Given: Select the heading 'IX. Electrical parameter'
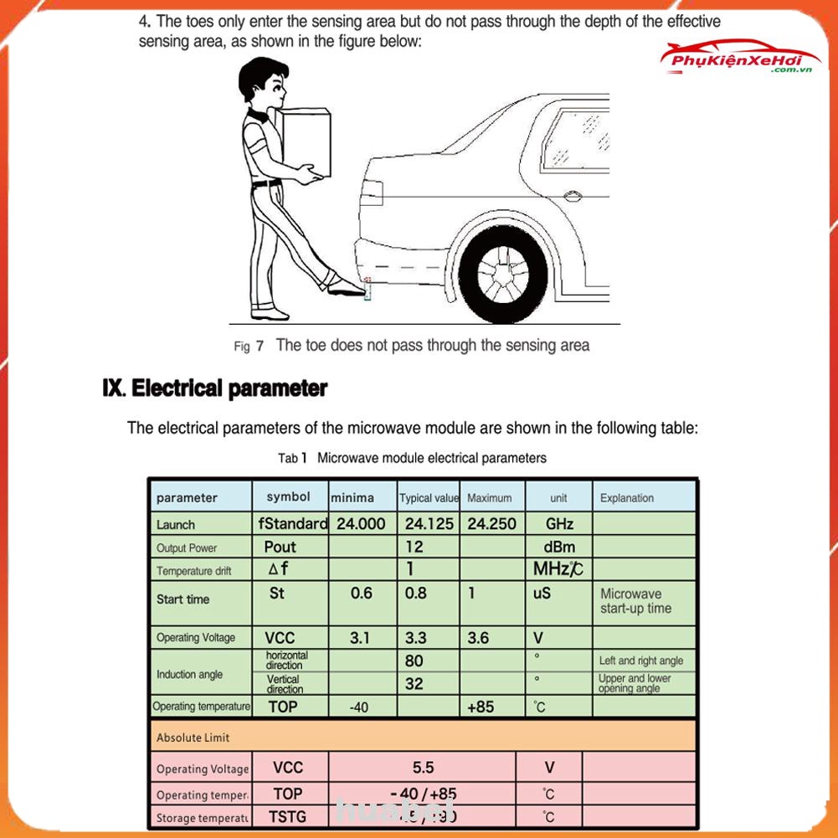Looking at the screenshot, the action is pyautogui.click(x=214, y=388).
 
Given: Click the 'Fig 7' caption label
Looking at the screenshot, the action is pyautogui.click(x=249, y=346).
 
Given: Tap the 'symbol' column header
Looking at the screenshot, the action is pyautogui.click(x=288, y=497).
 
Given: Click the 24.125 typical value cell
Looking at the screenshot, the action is pyautogui.click(x=429, y=524).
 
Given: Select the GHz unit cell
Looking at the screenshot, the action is pyautogui.click(x=558, y=524).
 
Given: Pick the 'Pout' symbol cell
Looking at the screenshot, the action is pyautogui.click(x=280, y=547).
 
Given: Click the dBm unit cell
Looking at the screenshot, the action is pyautogui.click(x=558, y=547).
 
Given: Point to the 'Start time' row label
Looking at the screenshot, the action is pyautogui.click(x=183, y=599).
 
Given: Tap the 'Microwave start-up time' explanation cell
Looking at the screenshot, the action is pyautogui.click(x=636, y=601).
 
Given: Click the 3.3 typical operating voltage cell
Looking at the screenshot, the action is pyautogui.click(x=416, y=638).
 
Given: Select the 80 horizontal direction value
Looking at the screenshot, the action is pyautogui.click(x=414, y=661).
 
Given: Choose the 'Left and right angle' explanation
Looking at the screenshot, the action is pyautogui.click(x=641, y=661).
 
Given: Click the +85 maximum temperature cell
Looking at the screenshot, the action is pyautogui.click(x=481, y=707).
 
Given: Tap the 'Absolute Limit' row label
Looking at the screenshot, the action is pyautogui.click(x=193, y=738).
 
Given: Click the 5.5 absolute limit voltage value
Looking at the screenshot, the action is pyautogui.click(x=424, y=767).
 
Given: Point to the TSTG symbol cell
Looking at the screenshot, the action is pyautogui.click(x=287, y=816).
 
